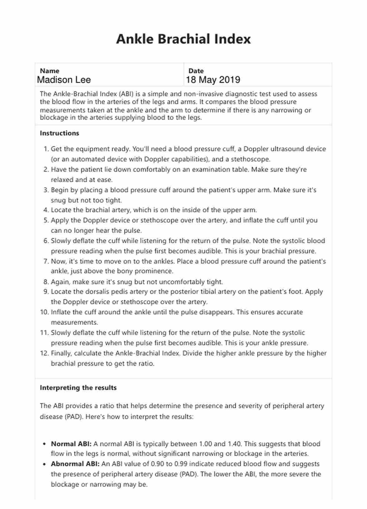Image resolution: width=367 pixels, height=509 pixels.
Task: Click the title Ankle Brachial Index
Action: [x=183, y=39]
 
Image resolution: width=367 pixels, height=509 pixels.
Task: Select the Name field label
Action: [x=49, y=71]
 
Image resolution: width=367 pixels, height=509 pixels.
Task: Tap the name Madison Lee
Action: [x=64, y=80]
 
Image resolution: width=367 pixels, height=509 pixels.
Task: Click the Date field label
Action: [x=196, y=71]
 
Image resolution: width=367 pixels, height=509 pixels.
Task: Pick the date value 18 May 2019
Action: [x=213, y=80]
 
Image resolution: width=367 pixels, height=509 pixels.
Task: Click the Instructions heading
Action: [x=59, y=133]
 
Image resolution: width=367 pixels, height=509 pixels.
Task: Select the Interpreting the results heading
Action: [x=78, y=388]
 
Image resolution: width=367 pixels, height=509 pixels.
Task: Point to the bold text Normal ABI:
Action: [x=71, y=444]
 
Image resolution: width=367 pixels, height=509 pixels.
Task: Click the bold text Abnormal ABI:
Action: [x=75, y=464]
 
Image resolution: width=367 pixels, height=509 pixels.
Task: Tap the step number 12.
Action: [x=44, y=353]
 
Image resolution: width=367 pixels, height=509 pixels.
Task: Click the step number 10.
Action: [x=44, y=312]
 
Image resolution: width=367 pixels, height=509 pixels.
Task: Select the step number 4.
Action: [x=46, y=210]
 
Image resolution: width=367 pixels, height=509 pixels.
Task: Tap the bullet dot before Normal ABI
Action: [x=44, y=444]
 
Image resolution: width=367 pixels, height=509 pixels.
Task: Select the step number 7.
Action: [x=46, y=261]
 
